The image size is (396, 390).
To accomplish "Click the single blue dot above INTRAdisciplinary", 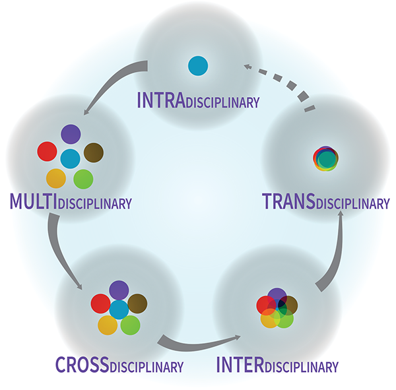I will pyautogui.click(x=197, y=65).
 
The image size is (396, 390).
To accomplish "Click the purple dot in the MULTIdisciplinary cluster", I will pyautogui.click(x=71, y=135).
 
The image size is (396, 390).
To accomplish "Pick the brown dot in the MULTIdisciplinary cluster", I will pyautogui.click(x=93, y=152).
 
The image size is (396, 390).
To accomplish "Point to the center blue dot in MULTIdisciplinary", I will pyautogui.click(x=70, y=158).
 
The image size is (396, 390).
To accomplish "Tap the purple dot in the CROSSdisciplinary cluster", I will pyautogui.click(x=119, y=290).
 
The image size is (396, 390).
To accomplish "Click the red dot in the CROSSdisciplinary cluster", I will pyautogui.click(x=100, y=304).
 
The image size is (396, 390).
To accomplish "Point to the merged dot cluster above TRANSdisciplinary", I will pyautogui.click(x=325, y=158).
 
